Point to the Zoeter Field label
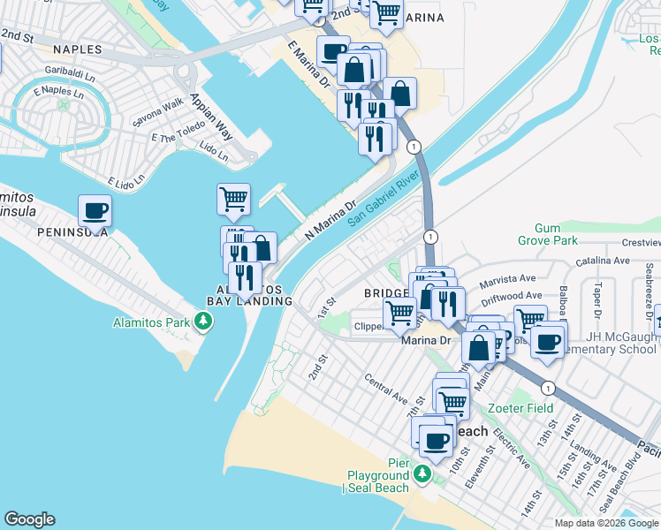[x=520, y=408]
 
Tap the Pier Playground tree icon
[x=422, y=474]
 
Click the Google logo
[x=29, y=519]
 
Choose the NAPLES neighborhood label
[x=77, y=49]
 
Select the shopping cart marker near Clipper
[x=400, y=313]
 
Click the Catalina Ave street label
[x=603, y=261]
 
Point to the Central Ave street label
[x=386, y=386]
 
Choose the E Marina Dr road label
[x=308, y=64]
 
